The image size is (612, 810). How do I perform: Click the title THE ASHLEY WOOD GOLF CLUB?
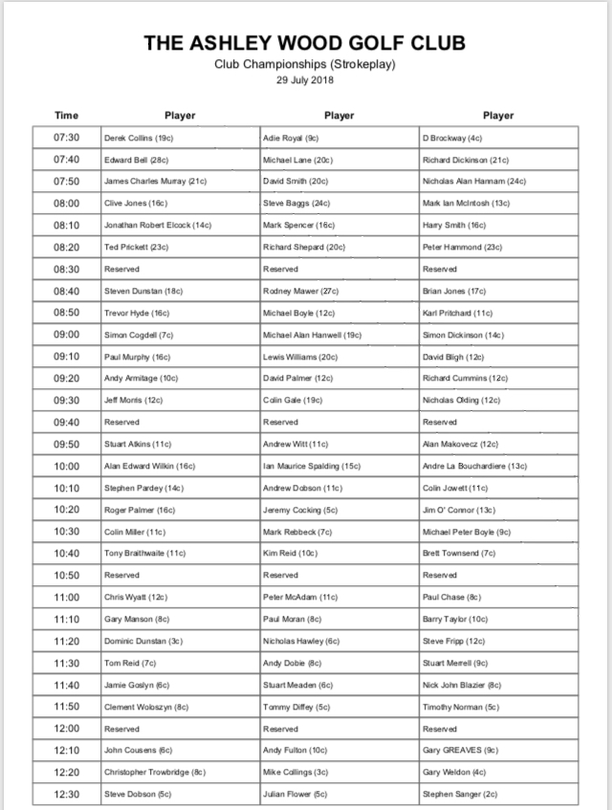[x=305, y=43]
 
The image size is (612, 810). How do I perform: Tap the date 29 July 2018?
[x=305, y=79]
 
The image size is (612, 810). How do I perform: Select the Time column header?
[x=66, y=116]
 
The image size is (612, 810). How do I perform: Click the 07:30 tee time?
[x=66, y=138]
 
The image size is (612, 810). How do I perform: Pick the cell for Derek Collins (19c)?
[x=138, y=139]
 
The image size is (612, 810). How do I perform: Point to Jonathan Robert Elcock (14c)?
[x=157, y=226]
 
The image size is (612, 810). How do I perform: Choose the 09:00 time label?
[x=66, y=335]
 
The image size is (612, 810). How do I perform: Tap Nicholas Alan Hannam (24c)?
[x=474, y=182]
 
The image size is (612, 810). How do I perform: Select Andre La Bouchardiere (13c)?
[x=475, y=466]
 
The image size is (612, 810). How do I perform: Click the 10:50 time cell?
[x=66, y=575]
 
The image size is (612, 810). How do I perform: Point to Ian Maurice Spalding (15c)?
[x=311, y=466]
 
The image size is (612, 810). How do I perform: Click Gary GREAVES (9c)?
[x=460, y=750]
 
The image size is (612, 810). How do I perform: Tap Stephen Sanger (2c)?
[x=460, y=794]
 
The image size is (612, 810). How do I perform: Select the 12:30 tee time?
[x=66, y=794]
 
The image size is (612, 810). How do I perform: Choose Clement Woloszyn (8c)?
[x=147, y=707]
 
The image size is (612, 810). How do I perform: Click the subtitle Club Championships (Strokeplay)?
[x=305, y=64]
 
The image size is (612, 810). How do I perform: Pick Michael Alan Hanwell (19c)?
[x=312, y=335]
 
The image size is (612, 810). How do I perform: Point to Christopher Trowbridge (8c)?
[x=155, y=772]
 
